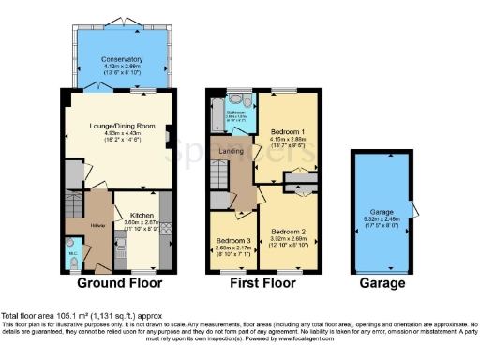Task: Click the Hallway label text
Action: point(97,226)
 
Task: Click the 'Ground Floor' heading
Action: point(119,283)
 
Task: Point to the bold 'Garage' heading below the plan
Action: point(382,283)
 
